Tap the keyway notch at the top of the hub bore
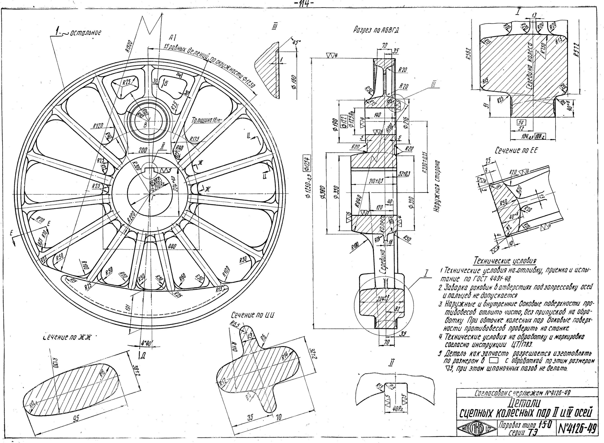(x=150, y=169)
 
